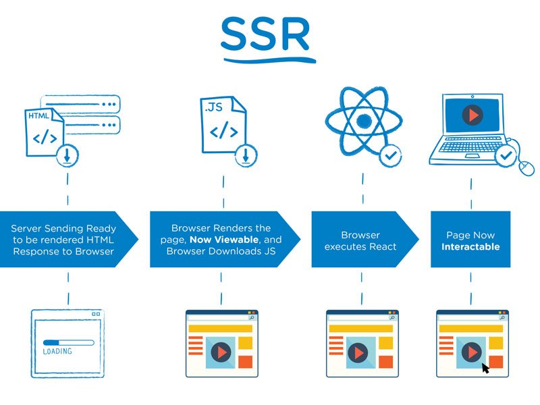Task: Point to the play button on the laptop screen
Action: (473, 115)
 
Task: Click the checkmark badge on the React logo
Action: (389, 155)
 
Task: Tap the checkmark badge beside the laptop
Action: (506, 157)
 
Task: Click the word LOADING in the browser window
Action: (57, 352)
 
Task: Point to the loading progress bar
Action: (67, 342)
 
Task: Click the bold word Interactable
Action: (470, 247)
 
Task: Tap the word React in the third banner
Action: (380, 247)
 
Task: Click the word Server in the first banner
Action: (26, 229)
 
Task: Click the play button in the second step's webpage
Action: (220, 352)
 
